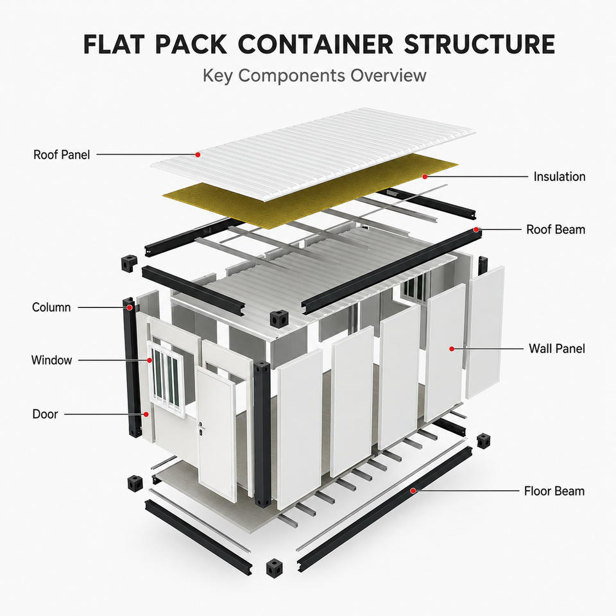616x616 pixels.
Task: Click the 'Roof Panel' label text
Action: pos(62,155)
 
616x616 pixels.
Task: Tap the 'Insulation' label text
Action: pos(560,177)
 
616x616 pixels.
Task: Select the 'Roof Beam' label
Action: pos(556,230)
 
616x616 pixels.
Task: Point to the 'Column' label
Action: pos(51,307)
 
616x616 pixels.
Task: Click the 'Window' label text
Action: pos(52,360)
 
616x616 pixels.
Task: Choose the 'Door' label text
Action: pos(45,414)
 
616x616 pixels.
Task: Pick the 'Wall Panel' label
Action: pos(557,348)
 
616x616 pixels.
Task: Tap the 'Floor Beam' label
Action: pos(554,491)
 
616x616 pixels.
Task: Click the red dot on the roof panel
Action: pos(198,155)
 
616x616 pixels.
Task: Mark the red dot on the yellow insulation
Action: pos(425,177)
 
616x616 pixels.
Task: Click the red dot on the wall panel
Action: pos(452,349)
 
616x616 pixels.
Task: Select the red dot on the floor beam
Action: pos(413,491)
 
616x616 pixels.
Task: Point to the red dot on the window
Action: pos(150,360)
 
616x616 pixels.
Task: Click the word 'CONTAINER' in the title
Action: pos(316,44)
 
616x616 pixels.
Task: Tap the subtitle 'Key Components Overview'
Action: pos(314,76)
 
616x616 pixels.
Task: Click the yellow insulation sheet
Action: pos(311,191)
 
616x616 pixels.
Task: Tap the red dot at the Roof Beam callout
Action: pos(476,230)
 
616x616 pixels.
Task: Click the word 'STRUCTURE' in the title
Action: pos(479,44)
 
